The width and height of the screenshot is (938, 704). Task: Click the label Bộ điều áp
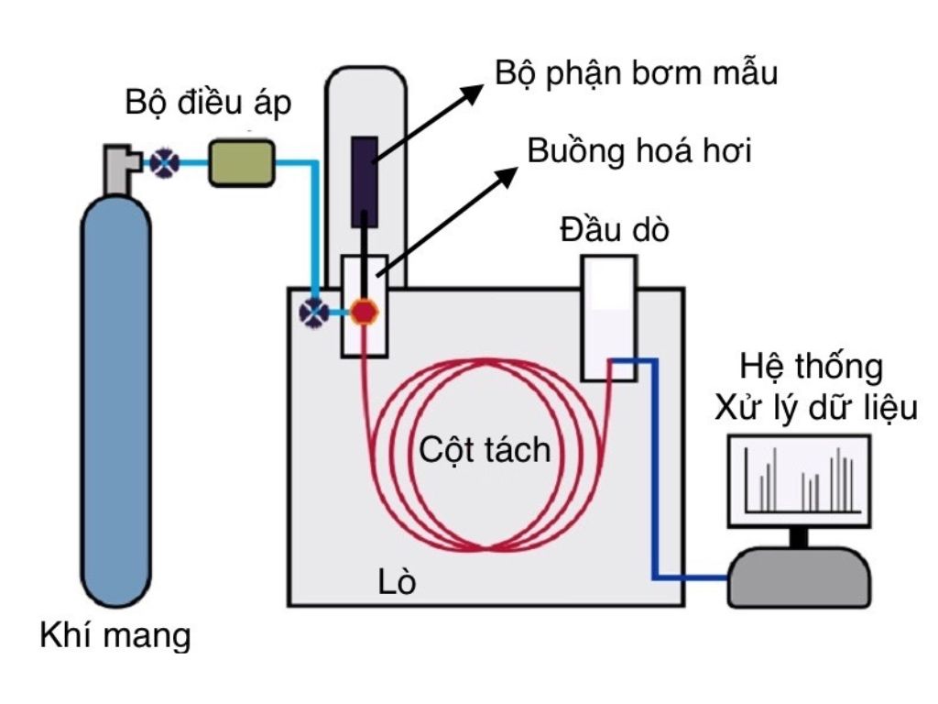click(x=209, y=104)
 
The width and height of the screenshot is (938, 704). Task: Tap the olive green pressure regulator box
click(x=242, y=163)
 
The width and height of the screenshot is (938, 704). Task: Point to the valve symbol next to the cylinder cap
click(x=165, y=163)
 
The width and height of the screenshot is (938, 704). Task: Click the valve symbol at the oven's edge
click(x=314, y=313)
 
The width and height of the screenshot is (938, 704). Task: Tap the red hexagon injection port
click(x=365, y=313)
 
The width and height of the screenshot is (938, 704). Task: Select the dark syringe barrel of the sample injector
click(x=365, y=181)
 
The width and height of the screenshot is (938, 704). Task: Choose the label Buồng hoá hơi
click(x=639, y=151)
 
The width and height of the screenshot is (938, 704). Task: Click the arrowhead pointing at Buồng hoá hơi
click(x=507, y=176)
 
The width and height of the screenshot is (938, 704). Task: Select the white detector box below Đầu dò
click(x=609, y=316)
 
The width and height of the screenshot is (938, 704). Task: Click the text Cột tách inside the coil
click(x=485, y=450)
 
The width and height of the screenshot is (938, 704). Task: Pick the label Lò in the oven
click(x=397, y=581)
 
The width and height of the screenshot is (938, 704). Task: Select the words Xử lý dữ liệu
click(x=816, y=407)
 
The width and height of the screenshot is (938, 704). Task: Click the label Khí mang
click(x=115, y=635)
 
